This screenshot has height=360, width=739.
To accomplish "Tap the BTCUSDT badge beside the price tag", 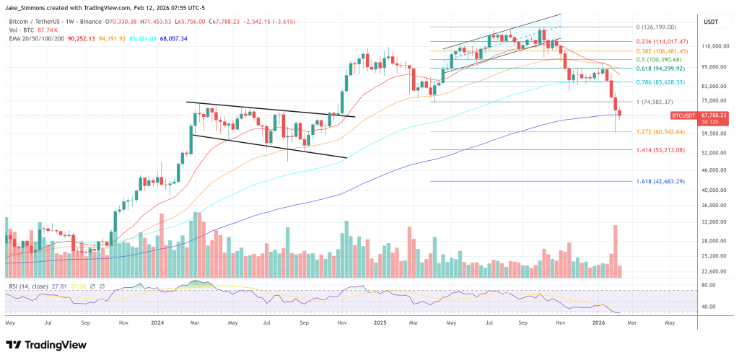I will pyautogui.click(x=685, y=115).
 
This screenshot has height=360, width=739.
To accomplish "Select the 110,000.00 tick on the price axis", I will pyautogui.click(x=713, y=46).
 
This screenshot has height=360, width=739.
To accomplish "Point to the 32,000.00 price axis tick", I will pyautogui.click(x=712, y=224).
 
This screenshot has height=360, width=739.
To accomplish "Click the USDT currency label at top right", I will pyautogui.click(x=712, y=22).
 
